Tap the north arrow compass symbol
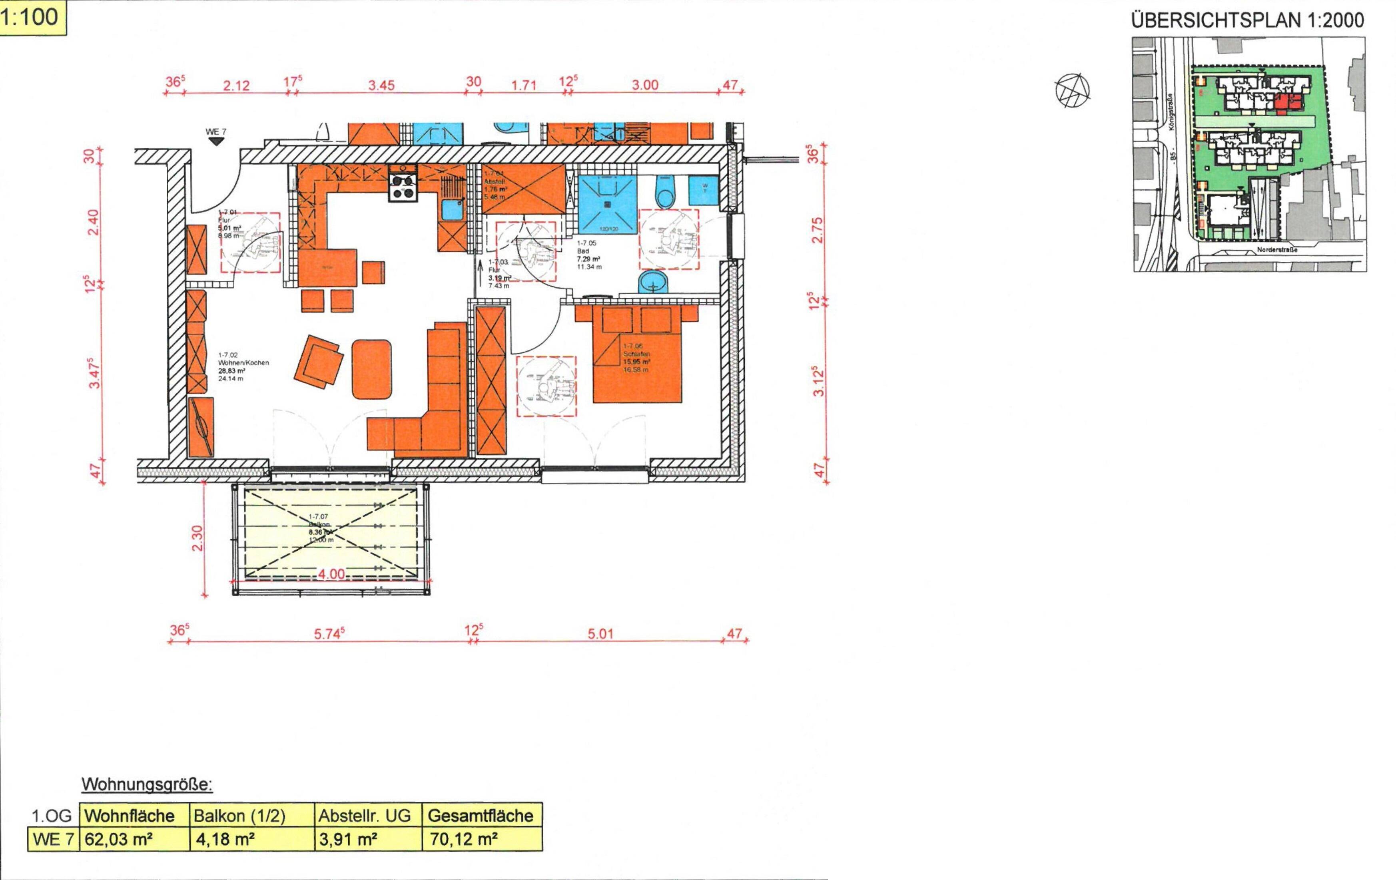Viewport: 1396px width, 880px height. pyautogui.click(x=1072, y=90)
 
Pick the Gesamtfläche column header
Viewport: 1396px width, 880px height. pyautogui.click(x=481, y=816)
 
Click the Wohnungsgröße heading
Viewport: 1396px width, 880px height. pyautogui.click(x=147, y=785)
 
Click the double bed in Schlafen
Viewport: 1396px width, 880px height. pyautogui.click(x=636, y=359)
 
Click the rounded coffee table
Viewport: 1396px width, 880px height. pyautogui.click(x=372, y=369)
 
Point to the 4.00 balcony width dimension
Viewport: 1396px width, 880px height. pyautogui.click(x=331, y=574)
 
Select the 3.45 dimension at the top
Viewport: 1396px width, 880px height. pyautogui.click(x=381, y=85)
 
